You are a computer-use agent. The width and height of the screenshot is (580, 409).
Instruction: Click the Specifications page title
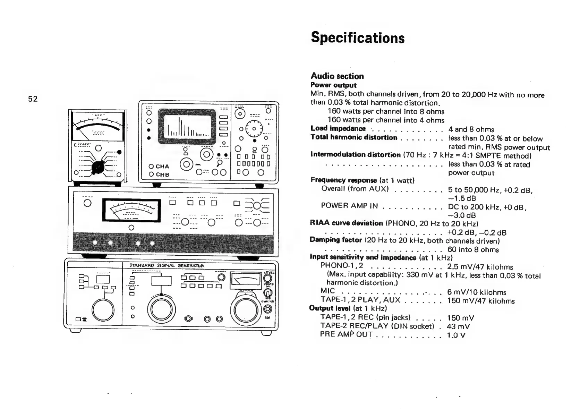(358, 37)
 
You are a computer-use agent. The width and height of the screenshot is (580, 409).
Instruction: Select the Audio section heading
(337, 76)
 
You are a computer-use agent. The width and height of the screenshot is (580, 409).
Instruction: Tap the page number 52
(33, 99)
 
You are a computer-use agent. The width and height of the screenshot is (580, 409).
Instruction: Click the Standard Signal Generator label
(167, 266)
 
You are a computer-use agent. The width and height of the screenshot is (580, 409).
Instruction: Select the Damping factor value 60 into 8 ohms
(473, 249)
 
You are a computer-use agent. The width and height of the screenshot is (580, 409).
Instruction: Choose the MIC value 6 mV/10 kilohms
(477, 292)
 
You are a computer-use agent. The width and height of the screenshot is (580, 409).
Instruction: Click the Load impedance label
(338, 129)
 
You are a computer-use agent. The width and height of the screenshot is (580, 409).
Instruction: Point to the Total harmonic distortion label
(354, 137)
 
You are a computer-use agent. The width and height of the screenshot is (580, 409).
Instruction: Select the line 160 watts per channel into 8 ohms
(386, 111)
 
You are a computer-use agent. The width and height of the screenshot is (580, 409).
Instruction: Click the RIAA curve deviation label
(346, 223)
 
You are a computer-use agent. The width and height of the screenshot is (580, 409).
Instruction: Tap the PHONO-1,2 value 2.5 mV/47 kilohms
(480, 267)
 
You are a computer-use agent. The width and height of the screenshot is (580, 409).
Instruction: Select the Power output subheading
(333, 85)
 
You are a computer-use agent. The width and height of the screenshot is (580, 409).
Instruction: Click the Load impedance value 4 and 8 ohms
(471, 129)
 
